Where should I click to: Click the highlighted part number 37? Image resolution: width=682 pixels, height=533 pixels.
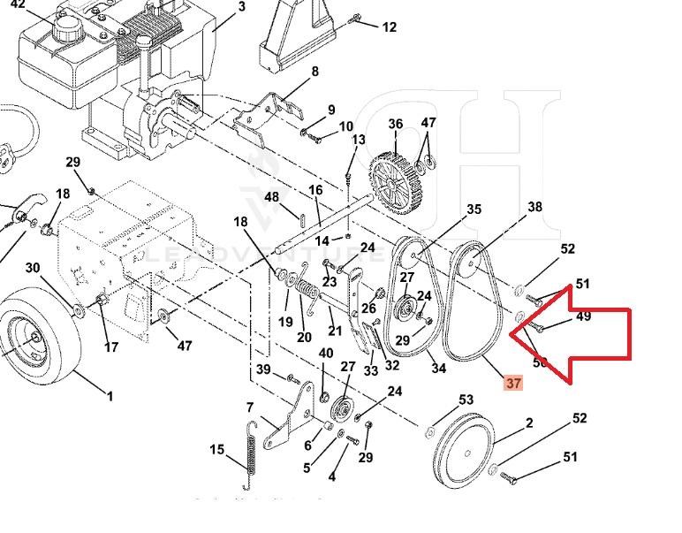pos(513,383)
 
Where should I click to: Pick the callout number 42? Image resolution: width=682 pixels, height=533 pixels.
pos(18,4)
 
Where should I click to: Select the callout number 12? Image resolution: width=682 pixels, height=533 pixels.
pos(389,27)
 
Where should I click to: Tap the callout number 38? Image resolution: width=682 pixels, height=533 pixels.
pos(534,208)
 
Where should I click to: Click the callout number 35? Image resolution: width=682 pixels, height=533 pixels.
pos(474,209)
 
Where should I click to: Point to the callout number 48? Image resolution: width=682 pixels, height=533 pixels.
pos(272,197)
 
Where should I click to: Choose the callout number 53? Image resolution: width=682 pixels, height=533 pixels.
pos(466,401)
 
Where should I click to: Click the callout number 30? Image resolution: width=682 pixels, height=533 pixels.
pos(33,268)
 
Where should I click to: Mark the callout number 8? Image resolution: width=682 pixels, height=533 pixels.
pos(314,72)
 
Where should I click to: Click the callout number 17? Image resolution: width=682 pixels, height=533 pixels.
pos(111,347)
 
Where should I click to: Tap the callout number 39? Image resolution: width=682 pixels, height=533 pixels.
pos(263,369)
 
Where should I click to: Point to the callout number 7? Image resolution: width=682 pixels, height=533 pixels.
pos(250,407)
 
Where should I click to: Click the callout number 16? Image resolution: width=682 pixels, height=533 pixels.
pos(315,191)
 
